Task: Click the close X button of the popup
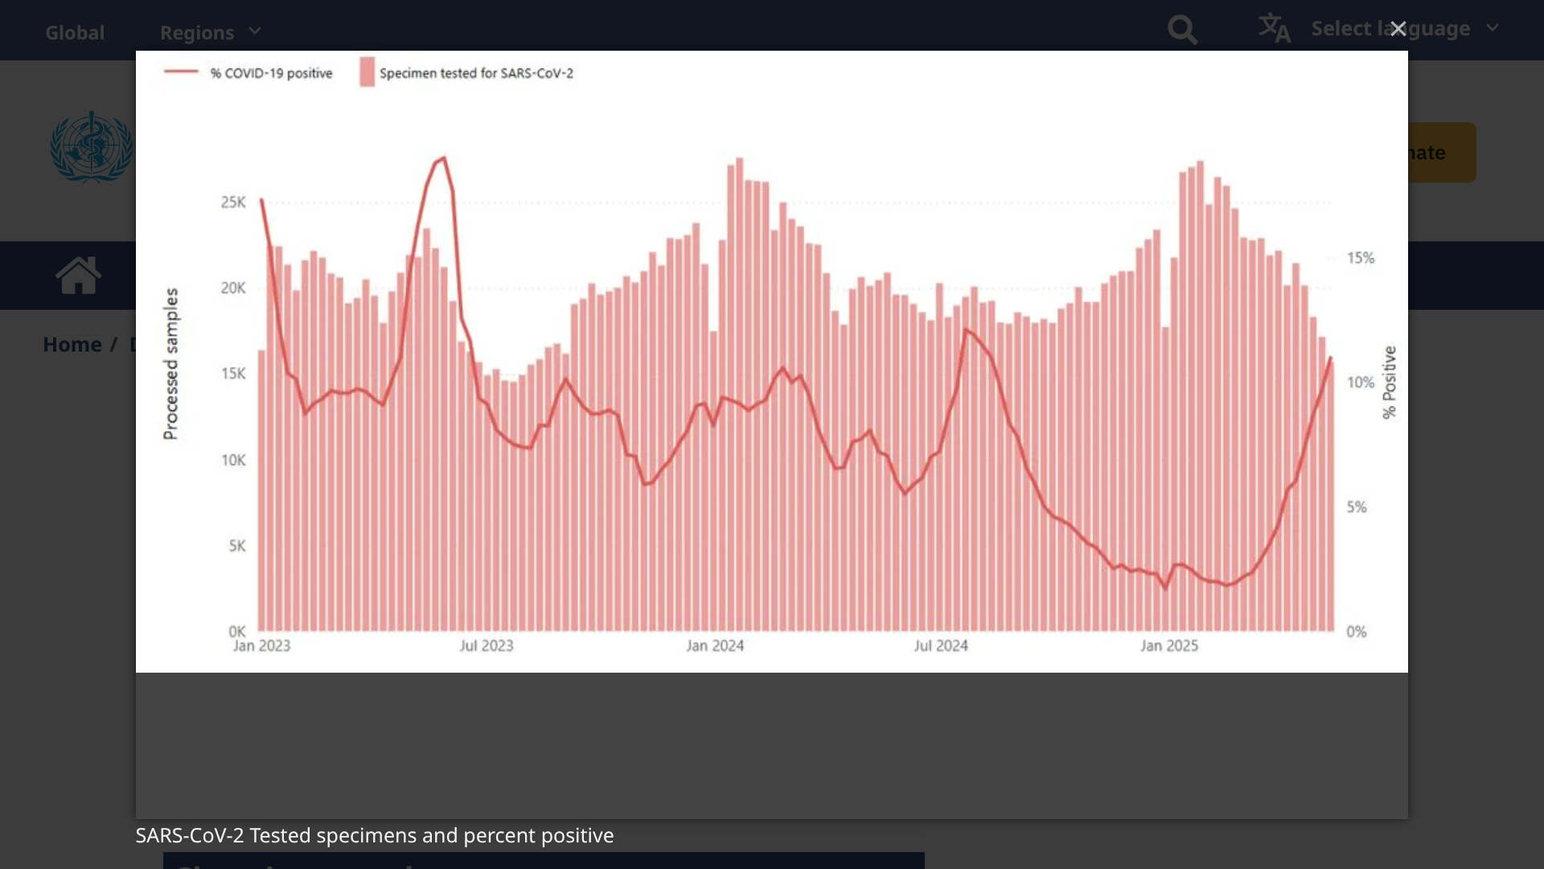[x=1398, y=29]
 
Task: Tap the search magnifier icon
[x=1182, y=31]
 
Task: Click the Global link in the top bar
[x=75, y=32]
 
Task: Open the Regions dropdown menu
[x=210, y=32]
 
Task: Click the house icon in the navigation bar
[x=79, y=276]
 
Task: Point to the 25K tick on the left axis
[x=233, y=202]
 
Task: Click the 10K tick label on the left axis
[x=233, y=460]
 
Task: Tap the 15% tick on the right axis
[x=1361, y=258]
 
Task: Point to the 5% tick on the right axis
[x=1357, y=508]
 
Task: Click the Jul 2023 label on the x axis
[x=486, y=646]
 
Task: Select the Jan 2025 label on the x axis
[x=1169, y=646]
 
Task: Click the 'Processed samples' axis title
[x=170, y=364]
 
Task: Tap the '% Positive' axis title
[x=1390, y=382]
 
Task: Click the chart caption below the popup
[x=374, y=836]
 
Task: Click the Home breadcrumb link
[x=72, y=344]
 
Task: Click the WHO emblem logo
[x=92, y=147]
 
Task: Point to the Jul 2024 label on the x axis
[x=941, y=646]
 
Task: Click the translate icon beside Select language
[x=1275, y=28]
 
